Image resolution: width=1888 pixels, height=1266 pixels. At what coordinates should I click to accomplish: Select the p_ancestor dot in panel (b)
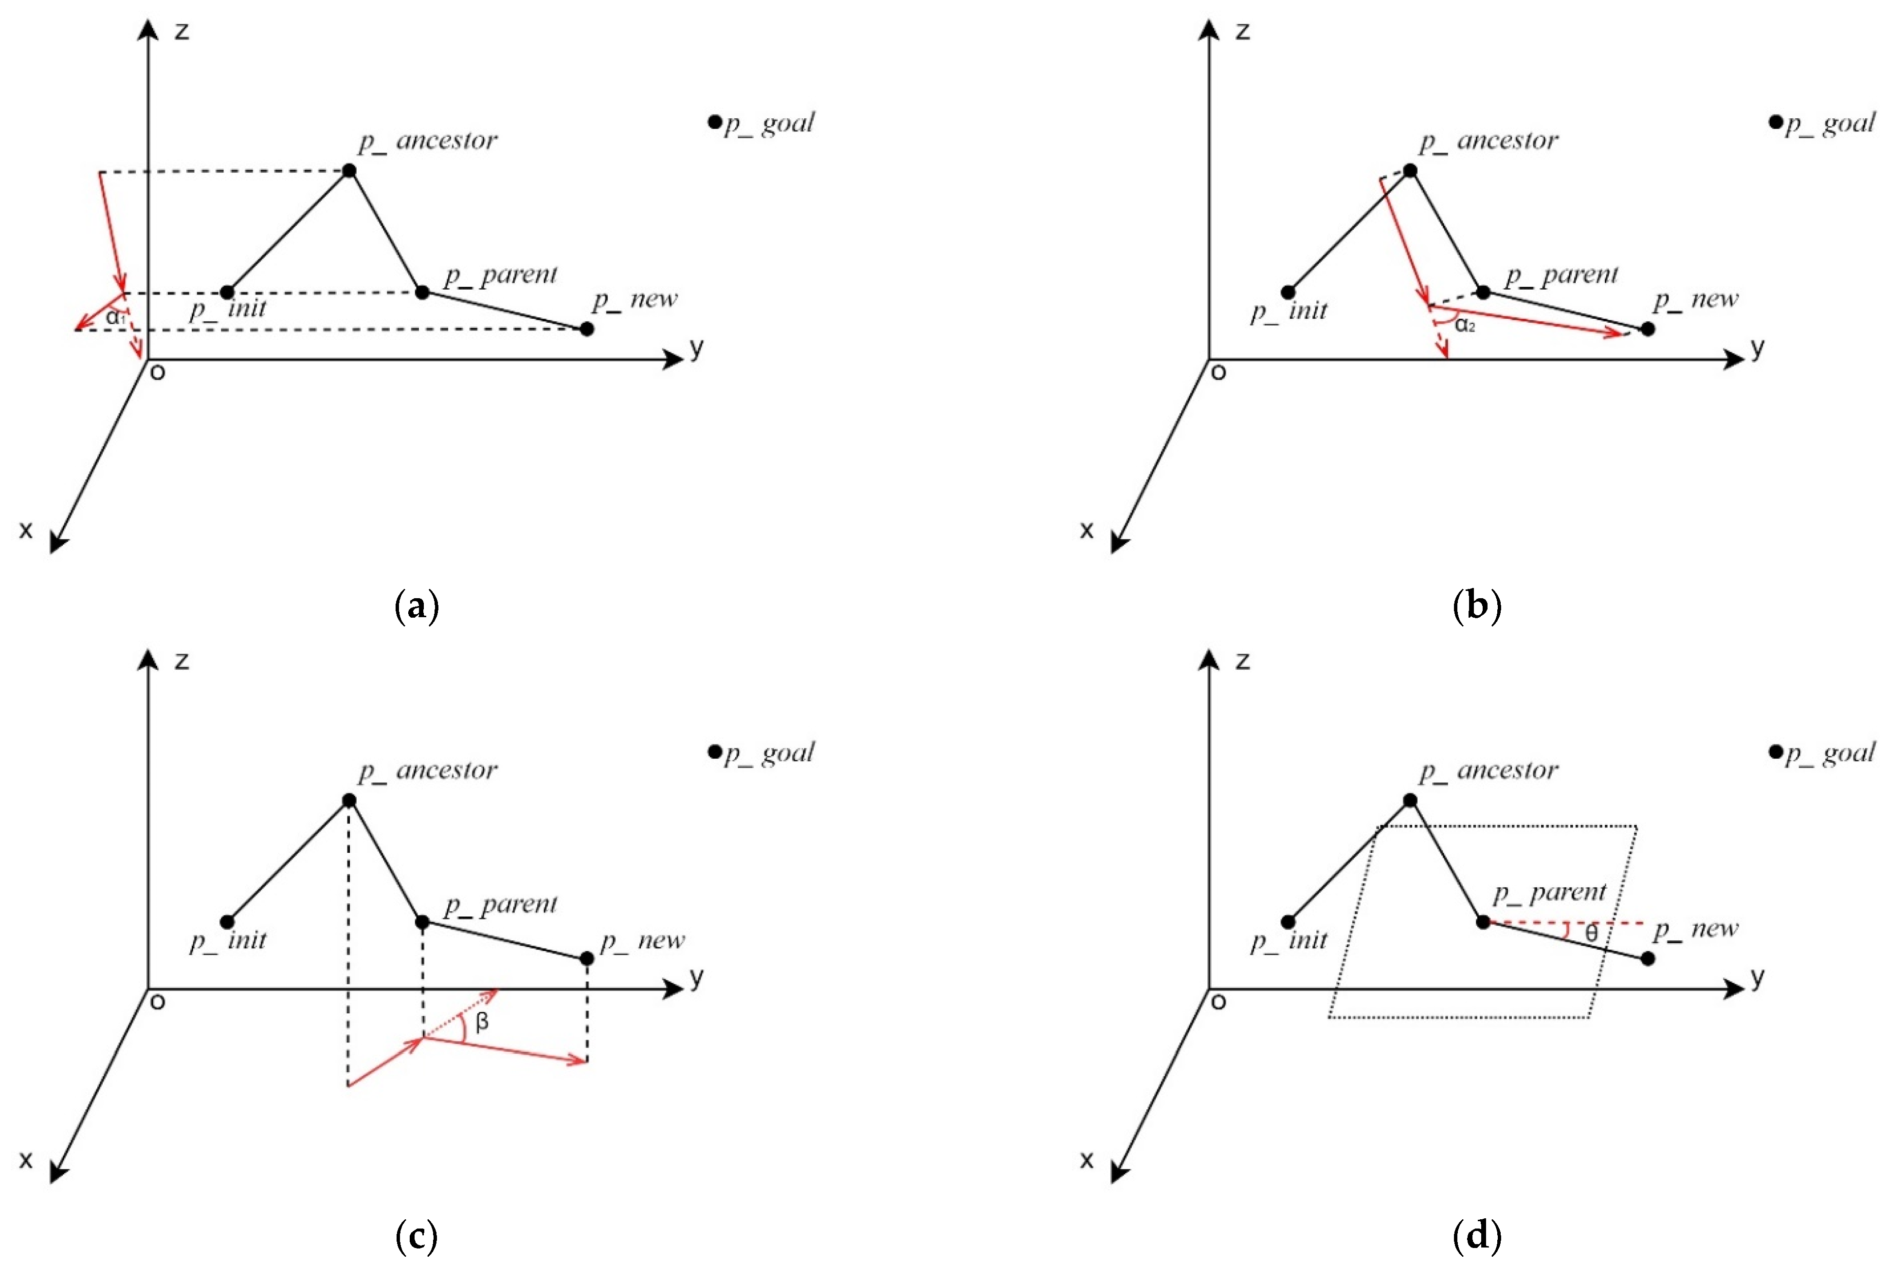tap(1409, 170)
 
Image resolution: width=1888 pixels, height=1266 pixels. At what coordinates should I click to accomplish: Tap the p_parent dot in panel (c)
tap(422, 921)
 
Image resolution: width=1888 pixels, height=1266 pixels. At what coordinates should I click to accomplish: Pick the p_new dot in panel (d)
tap(1648, 958)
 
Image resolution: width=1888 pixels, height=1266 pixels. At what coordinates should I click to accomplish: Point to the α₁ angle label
tap(115, 317)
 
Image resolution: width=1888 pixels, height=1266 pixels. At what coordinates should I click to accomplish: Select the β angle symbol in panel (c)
tap(482, 1022)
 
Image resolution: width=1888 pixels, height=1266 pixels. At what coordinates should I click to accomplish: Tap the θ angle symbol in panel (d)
tap(1591, 934)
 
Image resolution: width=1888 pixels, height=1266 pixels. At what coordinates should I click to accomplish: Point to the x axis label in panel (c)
tap(26, 1159)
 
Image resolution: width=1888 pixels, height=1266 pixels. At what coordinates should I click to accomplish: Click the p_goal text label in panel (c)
tap(769, 752)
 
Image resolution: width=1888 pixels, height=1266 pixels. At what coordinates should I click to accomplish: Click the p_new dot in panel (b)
tap(1648, 329)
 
